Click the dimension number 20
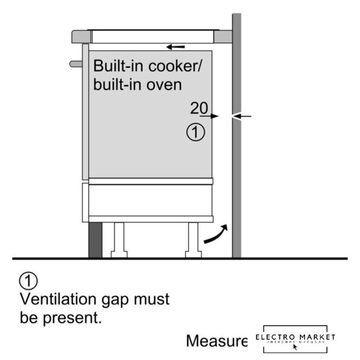pyautogui.click(x=199, y=107)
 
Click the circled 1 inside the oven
pyautogui.click(x=194, y=133)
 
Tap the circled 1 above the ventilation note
pyautogui.click(x=28, y=280)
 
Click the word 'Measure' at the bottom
pyautogui.click(x=217, y=340)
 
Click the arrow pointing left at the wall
pyautogui.click(x=242, y=116)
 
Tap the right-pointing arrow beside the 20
pyautogui.click(x=211, y=116)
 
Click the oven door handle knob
pyautogui.click(x=75, y=64)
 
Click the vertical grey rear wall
pyautogui.click(x=236, y=169)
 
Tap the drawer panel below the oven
pyautogui.click(x=150, y=200)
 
